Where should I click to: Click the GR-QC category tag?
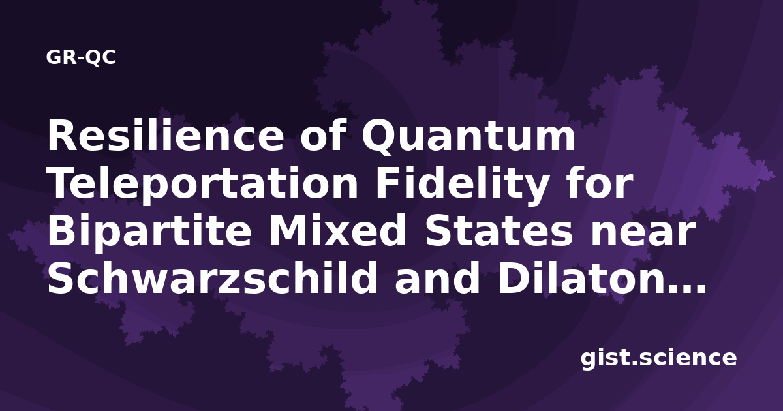[81, 57]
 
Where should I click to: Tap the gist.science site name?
[658, 359]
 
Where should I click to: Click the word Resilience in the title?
[165, 135]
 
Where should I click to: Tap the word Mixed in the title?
[337, 231]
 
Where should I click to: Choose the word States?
[499, 232]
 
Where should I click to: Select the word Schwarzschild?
[212, 277]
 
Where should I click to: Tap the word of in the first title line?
[322, 135]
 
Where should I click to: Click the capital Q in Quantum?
[379, 137]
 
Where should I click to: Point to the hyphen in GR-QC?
[82, 59]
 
